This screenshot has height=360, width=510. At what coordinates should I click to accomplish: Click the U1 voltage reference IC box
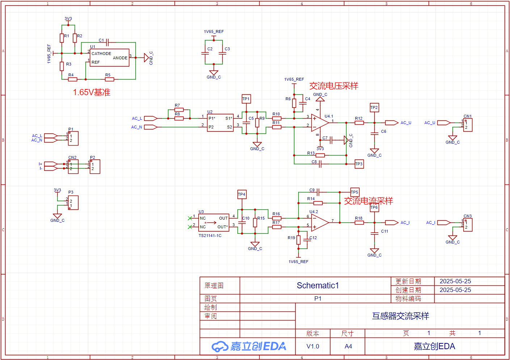point(110,58)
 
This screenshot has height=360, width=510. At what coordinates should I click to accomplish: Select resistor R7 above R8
point(179,110)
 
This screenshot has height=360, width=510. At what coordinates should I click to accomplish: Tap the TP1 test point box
point(246,99)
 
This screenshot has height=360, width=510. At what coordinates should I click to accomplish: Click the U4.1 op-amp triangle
point(320,123)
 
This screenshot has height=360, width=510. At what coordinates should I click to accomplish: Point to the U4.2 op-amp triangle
point(320,222)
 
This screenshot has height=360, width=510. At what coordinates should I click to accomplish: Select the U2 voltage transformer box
point(220,123)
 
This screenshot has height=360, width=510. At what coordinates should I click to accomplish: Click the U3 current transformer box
point(214,223)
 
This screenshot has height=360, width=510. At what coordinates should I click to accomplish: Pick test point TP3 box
point(359,164)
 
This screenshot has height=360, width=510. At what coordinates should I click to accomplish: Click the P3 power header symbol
point(73,203)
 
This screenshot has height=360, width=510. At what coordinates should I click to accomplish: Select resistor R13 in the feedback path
point(320,156)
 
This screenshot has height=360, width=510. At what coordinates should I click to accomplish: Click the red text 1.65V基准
point(92,92)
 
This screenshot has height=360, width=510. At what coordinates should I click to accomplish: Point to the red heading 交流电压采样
point(334,86)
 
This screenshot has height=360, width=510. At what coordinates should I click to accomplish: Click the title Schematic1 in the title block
point(318,285)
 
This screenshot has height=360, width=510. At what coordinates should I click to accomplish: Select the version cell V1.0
point(313,346)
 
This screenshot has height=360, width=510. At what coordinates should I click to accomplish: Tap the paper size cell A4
point(348,346)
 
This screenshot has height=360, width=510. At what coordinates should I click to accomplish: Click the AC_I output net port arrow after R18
point(392,223)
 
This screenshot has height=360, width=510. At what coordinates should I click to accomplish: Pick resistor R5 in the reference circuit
point(110,80)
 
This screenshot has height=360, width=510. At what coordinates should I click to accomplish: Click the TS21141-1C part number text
point(210,236)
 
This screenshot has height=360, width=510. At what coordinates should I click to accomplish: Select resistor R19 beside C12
point(299,240)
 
